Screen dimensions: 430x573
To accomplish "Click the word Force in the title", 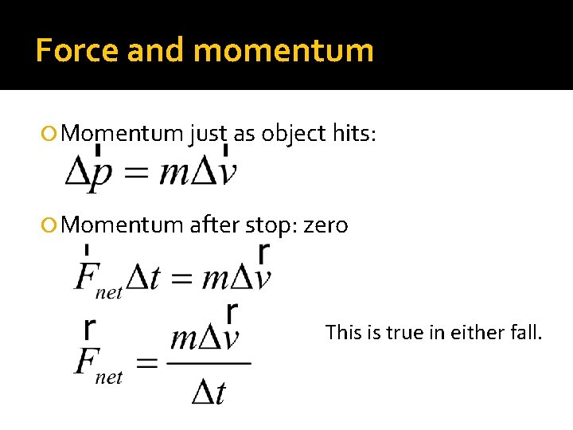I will pyautogui.click(x=77, y=50).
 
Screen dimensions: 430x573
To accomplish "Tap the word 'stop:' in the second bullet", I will pyautogui.click(x=271, y=225).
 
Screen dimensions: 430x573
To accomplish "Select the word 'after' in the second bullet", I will pyautogui.click(x=214, y=225).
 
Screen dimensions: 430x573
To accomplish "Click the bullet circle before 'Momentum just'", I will pyautogui.click(x=53, y=133).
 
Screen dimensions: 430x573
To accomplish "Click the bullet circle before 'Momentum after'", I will pyautogui.click(x=53, y=225).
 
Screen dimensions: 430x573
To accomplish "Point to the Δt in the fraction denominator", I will pyautogui.click(x=209, y=391).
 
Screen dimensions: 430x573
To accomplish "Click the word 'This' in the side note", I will pyautogui.click(x=344, y=331).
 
